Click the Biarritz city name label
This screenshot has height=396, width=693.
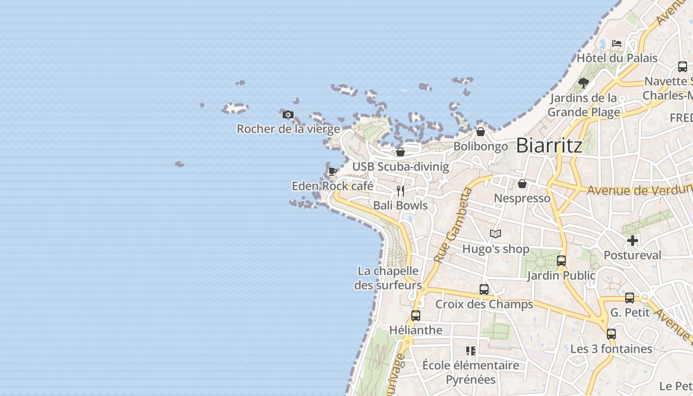click(x=548, y=146)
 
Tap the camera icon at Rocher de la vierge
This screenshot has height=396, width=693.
click(x=288, y=115)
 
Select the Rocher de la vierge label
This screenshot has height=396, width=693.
click(x=288, y=129)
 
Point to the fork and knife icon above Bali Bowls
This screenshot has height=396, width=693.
click(x=400, y=191)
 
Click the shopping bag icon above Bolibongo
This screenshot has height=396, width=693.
click(x=480, y=132)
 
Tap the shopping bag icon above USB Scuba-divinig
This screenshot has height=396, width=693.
click(x=400, y=152)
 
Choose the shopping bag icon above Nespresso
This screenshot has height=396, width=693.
click(x=522, y=184)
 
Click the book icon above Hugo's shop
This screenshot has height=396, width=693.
click(x=495, y=234)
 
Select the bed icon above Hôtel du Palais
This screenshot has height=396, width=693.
click(x=616, y=44)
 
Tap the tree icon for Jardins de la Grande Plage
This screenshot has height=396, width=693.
click(x=584, y=83)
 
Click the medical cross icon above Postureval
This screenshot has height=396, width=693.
click(x=632, y=241)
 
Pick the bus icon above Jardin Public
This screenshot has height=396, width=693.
click(x=561, y=261)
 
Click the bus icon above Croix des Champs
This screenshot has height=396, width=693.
click(x=484, y=290)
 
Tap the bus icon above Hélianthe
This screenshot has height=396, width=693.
click(x=416, y=316)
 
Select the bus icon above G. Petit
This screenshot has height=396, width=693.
click(x=629, y=298)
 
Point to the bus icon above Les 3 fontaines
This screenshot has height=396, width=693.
click(x=611, y=334)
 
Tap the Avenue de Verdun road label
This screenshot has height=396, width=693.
click(x=639, y=190)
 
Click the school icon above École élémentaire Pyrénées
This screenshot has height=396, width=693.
click(x=470, y=351)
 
